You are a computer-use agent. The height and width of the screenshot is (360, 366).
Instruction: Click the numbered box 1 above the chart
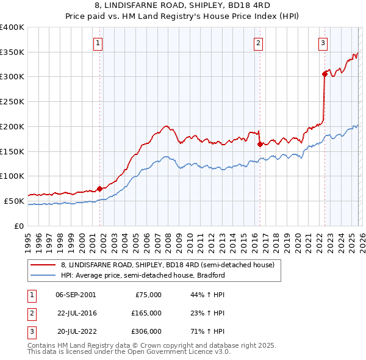coord(98,43)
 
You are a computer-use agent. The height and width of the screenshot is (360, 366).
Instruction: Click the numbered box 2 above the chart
coord(259,43)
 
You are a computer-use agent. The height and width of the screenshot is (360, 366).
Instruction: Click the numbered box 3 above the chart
coord(323,43)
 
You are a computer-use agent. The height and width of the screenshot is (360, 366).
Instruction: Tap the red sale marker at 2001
coord(99,189)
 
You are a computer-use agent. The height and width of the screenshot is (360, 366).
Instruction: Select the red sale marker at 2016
coord(260,145)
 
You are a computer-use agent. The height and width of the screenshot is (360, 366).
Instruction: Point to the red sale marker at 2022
coord(325,74)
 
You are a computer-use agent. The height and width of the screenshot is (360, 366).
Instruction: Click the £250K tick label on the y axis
coord(12,102)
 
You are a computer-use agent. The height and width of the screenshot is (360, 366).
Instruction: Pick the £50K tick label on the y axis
coord(15,201)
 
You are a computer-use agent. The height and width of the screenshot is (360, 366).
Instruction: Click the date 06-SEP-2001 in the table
coord(76,295)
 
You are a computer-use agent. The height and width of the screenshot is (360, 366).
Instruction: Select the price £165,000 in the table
coord(146,313)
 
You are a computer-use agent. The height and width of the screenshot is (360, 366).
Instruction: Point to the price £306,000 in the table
coord(146,331)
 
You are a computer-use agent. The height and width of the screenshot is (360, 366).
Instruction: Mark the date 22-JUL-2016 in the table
coord(76,313)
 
